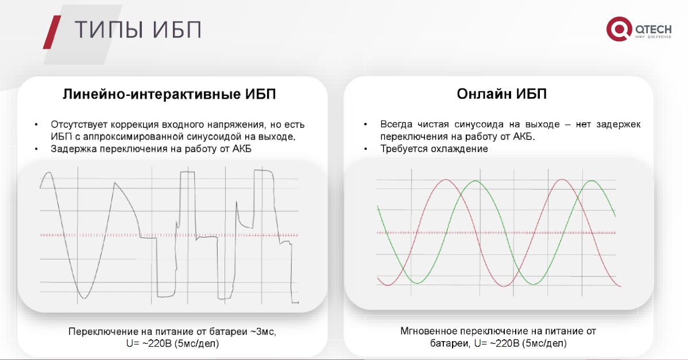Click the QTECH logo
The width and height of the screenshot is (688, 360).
pos(639,29)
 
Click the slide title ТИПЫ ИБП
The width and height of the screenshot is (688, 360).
pos(138,30)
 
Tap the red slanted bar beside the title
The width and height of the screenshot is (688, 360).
pos(52,32)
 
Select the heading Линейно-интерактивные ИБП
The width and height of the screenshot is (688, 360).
pos(169,94)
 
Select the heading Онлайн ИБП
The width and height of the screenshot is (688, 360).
pos(501,94)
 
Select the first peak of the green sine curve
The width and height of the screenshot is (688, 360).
pos(476,181)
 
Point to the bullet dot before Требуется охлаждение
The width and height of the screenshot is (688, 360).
pos(366,149)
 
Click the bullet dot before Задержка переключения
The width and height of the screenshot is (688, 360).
pos(36,149)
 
